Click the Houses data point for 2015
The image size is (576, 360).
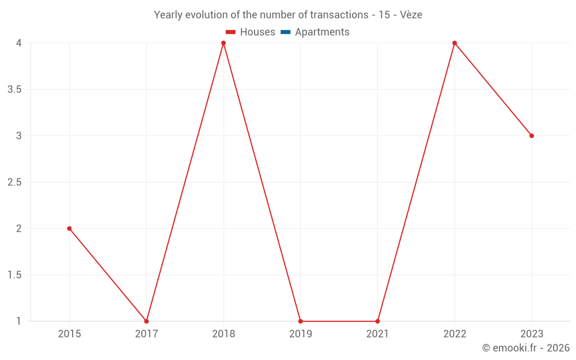[69, 229]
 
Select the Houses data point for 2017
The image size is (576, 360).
[146, 321]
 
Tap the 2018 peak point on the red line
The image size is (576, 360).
[223, 43]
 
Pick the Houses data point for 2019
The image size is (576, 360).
[301, 321]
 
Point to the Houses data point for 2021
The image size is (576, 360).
[377, 321]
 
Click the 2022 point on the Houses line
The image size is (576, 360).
[454, 43]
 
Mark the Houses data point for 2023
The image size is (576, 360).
[532, 136]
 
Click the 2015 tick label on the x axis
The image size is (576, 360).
[69, 334]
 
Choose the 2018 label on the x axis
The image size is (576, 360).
[223, 334]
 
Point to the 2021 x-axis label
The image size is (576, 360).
[377, 334]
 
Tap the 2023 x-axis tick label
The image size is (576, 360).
[532, 334]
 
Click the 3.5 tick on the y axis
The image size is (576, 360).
[14, 89]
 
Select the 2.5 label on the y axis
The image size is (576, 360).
[14, 182]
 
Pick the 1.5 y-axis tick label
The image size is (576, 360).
[14, 275]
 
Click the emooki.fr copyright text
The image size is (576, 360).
[526, 348]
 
